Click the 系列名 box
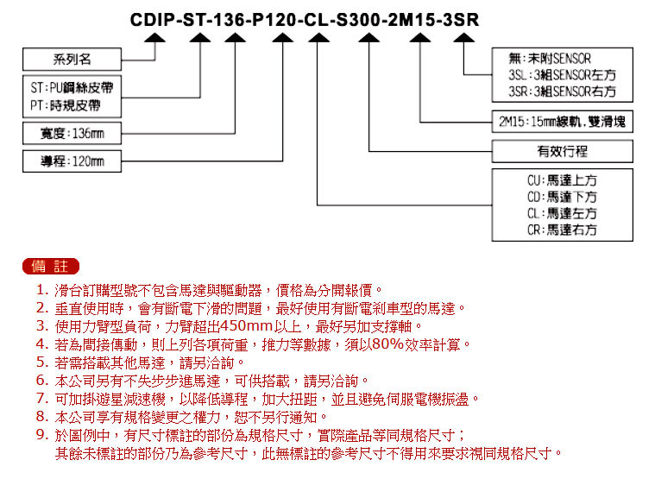(x=72, y=59)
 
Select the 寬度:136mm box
(x=72, y=133)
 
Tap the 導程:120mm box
(x=72, y=161)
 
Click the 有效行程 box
(x=563, y=151)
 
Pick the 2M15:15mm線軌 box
(x=563, y=122)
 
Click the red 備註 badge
(x=51, y=267)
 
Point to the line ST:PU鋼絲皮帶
(x=72, y=88)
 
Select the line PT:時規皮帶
(x=66, y=105)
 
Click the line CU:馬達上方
(x=562, y=180)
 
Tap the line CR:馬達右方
(x=562, y=230)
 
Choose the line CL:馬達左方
(x=562, y=213)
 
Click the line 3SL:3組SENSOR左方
(x=562, y=75)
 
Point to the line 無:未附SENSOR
(x=550, y=59)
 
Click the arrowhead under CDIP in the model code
(x=155, y=38)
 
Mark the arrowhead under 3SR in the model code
(x=463, y=38)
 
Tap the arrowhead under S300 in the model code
(x=368, y=38)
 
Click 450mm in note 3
(x=247, y=325)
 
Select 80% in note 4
(x=388, y=344)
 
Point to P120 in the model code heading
(x=274, y=20)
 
